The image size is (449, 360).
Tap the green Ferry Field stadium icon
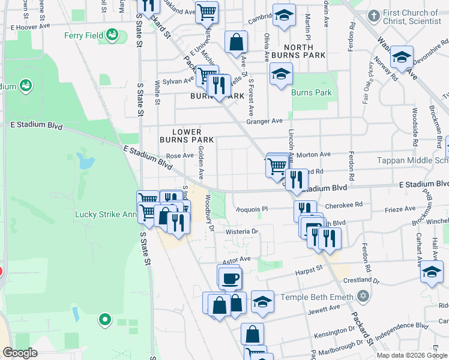pyautogui.click(x=112, y=36)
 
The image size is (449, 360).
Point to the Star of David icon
pyautogui.click(x=362, y=296)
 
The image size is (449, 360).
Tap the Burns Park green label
pyautogui.click(x=312, y=93)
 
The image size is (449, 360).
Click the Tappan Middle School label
pyautogui.click(x=412, y=160)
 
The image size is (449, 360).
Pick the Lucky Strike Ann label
pyautogui.click(x=106, y=214)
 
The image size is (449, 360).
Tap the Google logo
pyautogui.click(x=20, y=353)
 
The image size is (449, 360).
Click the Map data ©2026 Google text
pyautogui.click(x=412, y=355)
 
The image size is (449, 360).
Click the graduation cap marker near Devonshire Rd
pyautogui.click(x=402, y=59)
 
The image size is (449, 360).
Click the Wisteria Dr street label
pyautogui.click(x=242, y=231)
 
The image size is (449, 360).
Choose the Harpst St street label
pyautogui.click(x=309, y=272)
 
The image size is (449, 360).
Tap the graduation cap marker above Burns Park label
pyautogui.click(x=281, y=74)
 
